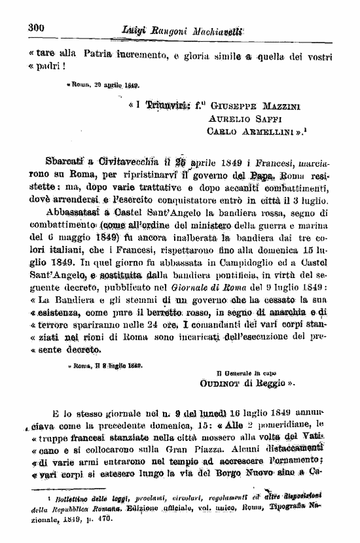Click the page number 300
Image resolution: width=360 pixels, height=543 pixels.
(35, 27)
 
